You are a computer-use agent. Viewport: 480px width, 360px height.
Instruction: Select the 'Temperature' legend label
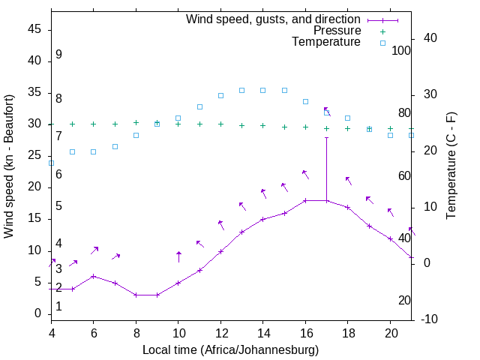[x=326, y=42]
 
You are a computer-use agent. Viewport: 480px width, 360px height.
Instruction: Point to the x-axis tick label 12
[x=220, y=332]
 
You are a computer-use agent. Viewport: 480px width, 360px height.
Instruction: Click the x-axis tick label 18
[x=347, y=332]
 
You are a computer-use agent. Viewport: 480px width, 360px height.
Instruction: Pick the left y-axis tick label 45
[x=34, y=29]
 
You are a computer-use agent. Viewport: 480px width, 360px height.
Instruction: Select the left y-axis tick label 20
[x=34, y=187]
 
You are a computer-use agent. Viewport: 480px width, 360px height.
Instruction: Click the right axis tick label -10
[x=430, y=319]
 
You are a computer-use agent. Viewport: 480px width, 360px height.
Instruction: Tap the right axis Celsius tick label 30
[x=430, y=94]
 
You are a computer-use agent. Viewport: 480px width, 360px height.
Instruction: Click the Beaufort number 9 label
[x=58, y=55]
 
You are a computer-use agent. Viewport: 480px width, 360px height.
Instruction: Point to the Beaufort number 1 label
[x=58, y=307]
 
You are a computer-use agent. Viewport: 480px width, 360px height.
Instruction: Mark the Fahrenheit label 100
[x=401, y=50]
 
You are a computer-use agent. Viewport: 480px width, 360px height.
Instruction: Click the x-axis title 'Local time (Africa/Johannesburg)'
[x=231, y=349]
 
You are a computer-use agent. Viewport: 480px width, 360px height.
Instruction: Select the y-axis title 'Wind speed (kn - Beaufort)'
[x=9, y=166]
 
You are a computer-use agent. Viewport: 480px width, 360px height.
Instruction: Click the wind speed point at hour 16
[x=305, y=200]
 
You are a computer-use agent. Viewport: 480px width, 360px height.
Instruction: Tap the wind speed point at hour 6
[x=93, y=276]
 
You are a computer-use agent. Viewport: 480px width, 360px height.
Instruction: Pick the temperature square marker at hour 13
[x=241, y=90]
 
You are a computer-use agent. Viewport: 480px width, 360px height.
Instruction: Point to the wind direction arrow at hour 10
[x=178, y=256]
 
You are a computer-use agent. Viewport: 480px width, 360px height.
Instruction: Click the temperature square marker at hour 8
[x=136, y=135]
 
